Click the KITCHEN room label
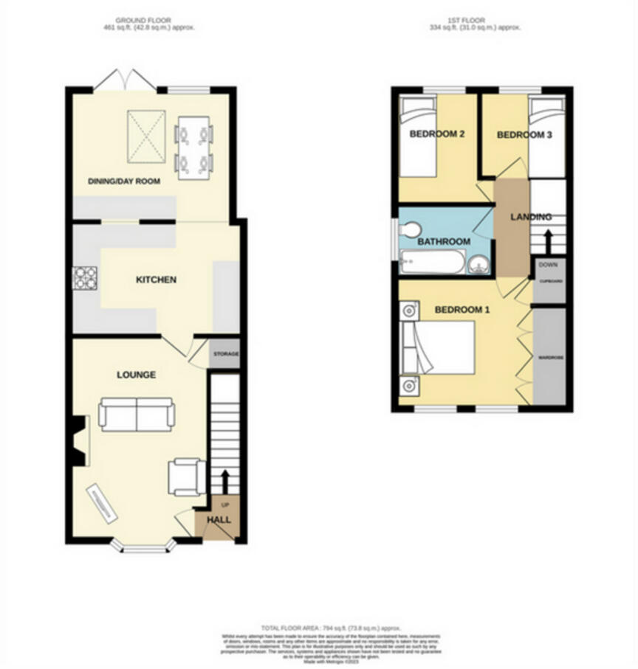click(x=156, y=280)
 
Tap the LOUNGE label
click(x=136, y=375)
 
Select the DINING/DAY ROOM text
click(x=124, y=181)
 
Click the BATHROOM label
click(x=444, y=241)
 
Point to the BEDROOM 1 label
click(x=462, y=310)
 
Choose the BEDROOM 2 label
click(x=436, y=134)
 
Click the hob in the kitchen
click(x=86, y=277)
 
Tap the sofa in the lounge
click(x=137, y=415)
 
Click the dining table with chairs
click(x=193, y=143)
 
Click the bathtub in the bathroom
click(x=432, y=262)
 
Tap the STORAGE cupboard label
click(x=226, y=355)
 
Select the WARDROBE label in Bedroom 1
click(x=551, y=358)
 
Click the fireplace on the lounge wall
click(x=80, y=441)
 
